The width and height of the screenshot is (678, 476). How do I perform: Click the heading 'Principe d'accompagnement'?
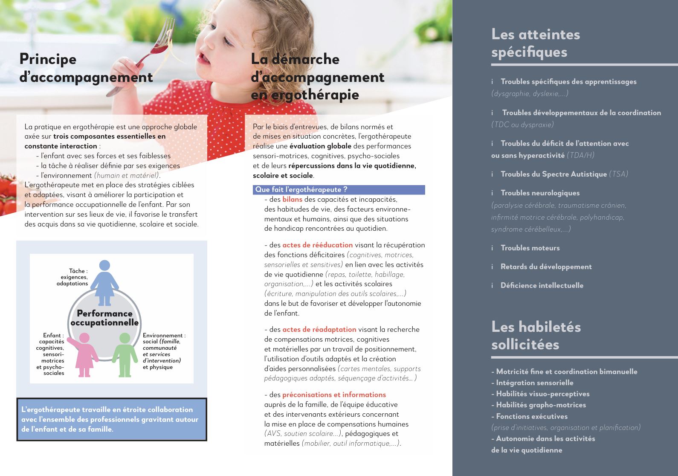[x=85, y=68]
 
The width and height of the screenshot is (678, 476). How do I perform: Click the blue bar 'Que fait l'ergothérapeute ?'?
[x=339, y=190]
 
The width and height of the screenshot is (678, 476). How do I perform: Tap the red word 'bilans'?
[x=292, y=199]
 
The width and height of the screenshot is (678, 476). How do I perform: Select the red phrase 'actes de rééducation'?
[x=317, y=245]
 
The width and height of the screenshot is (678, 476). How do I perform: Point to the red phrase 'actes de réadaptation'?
[x=319, y=329]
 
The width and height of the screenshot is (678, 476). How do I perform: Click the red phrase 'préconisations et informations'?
[x=334, y=395]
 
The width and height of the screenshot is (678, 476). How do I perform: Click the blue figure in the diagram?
[x=104, y=282]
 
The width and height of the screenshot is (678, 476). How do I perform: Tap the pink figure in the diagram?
[x=84, y=354]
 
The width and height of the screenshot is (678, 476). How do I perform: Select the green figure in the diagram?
[x=125, y=354]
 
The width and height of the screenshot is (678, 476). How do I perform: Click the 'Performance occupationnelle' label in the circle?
[x=104, y=318]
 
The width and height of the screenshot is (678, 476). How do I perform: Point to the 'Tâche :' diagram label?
[x=78, y=271]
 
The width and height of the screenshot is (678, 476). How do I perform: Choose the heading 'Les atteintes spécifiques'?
[x=535, y=43]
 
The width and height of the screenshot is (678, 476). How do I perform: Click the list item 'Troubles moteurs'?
[x=530, y=248]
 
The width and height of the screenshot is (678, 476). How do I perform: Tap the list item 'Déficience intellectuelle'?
[x=542, y=285]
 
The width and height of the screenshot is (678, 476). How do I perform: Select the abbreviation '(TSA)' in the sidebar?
[x=618, y=174]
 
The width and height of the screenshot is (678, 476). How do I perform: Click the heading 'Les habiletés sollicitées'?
[x=536, y=335]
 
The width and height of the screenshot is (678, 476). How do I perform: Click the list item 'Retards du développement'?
[x=546, y=267]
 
